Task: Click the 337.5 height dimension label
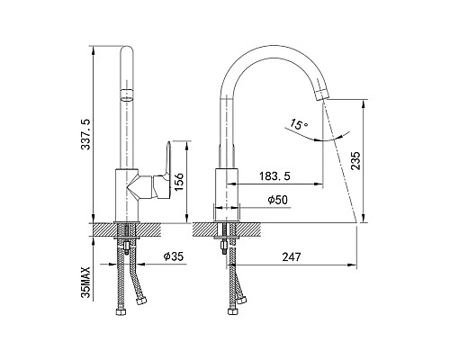click(85, 134)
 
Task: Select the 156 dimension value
click(179, 183)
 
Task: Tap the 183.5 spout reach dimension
click(274, 176)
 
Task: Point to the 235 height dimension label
click(355, 161)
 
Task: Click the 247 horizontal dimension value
click(292, 256)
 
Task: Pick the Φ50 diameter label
click(278, 200)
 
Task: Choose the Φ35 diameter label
click(174, 256)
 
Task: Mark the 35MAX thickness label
click(85, 282)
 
